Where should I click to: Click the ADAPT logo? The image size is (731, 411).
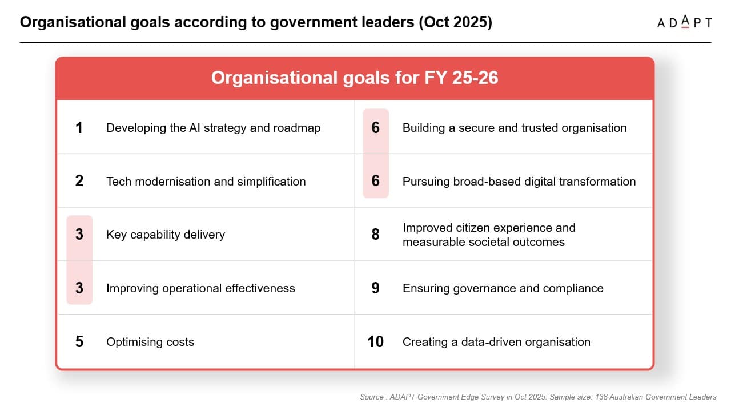coord(684,23)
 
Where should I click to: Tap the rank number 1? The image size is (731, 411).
coord(79,128)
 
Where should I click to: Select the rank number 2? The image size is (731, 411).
coord(79,182)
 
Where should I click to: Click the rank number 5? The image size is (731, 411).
coord(79,342)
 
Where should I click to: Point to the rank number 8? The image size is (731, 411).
coord(375,235)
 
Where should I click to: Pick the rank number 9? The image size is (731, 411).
coord(375,288)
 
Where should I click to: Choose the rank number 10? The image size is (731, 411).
coord(375,342)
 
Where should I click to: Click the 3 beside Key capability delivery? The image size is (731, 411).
coord(79,235)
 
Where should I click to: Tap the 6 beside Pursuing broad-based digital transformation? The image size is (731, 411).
coord(375,182)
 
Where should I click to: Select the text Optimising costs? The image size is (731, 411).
coord(150,342)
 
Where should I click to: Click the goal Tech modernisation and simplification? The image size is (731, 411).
coord(206,182)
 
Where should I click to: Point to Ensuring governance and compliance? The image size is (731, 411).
coord(503,288)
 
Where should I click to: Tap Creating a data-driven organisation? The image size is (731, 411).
coord(496,342)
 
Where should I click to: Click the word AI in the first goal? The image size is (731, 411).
coord(195,128)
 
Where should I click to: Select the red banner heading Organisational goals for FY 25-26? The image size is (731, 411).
coord(355,78)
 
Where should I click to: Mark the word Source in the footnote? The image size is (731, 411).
coord(371,397)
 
